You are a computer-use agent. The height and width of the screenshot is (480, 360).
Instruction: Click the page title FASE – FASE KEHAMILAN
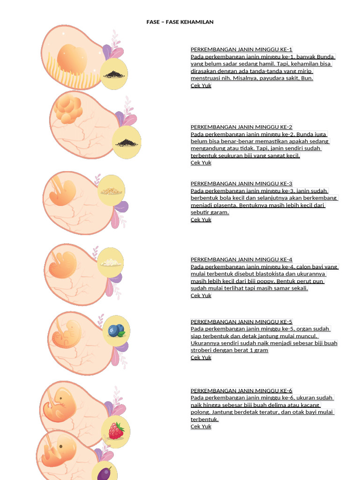pos(180,22)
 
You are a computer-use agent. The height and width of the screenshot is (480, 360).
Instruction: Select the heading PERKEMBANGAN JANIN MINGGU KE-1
pos(241,49)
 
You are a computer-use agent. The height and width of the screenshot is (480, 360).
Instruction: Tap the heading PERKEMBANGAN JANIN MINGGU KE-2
pos(241,127)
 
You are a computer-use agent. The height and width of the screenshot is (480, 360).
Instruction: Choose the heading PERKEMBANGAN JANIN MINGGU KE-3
pos(241,183)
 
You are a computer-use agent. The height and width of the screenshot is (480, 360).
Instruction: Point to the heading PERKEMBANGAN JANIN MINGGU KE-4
pos(241,259)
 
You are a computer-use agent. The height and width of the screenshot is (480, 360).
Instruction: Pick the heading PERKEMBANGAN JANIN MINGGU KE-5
pos(241,322)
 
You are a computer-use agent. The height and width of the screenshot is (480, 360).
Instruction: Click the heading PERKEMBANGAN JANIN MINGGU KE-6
pos(241,390)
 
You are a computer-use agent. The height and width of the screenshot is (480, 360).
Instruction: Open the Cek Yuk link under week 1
pos(201,85)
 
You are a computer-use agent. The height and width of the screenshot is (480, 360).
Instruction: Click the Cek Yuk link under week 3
pos(201,219)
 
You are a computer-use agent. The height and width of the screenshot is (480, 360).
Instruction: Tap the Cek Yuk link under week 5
pos(201,357)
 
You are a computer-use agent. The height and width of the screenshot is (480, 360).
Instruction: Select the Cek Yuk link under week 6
pos(201,426)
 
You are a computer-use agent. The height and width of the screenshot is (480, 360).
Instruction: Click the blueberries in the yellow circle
pos(116,330)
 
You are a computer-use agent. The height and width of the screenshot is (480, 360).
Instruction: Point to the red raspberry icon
pos(116,431)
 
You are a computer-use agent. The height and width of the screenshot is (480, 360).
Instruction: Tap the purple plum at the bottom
pos(105,473)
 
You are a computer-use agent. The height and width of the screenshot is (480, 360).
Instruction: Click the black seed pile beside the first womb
pos(114,75)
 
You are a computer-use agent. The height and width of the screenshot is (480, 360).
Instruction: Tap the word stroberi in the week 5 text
pos(201,350)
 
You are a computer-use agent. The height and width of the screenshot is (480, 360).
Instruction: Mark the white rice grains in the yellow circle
pos(111,262)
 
